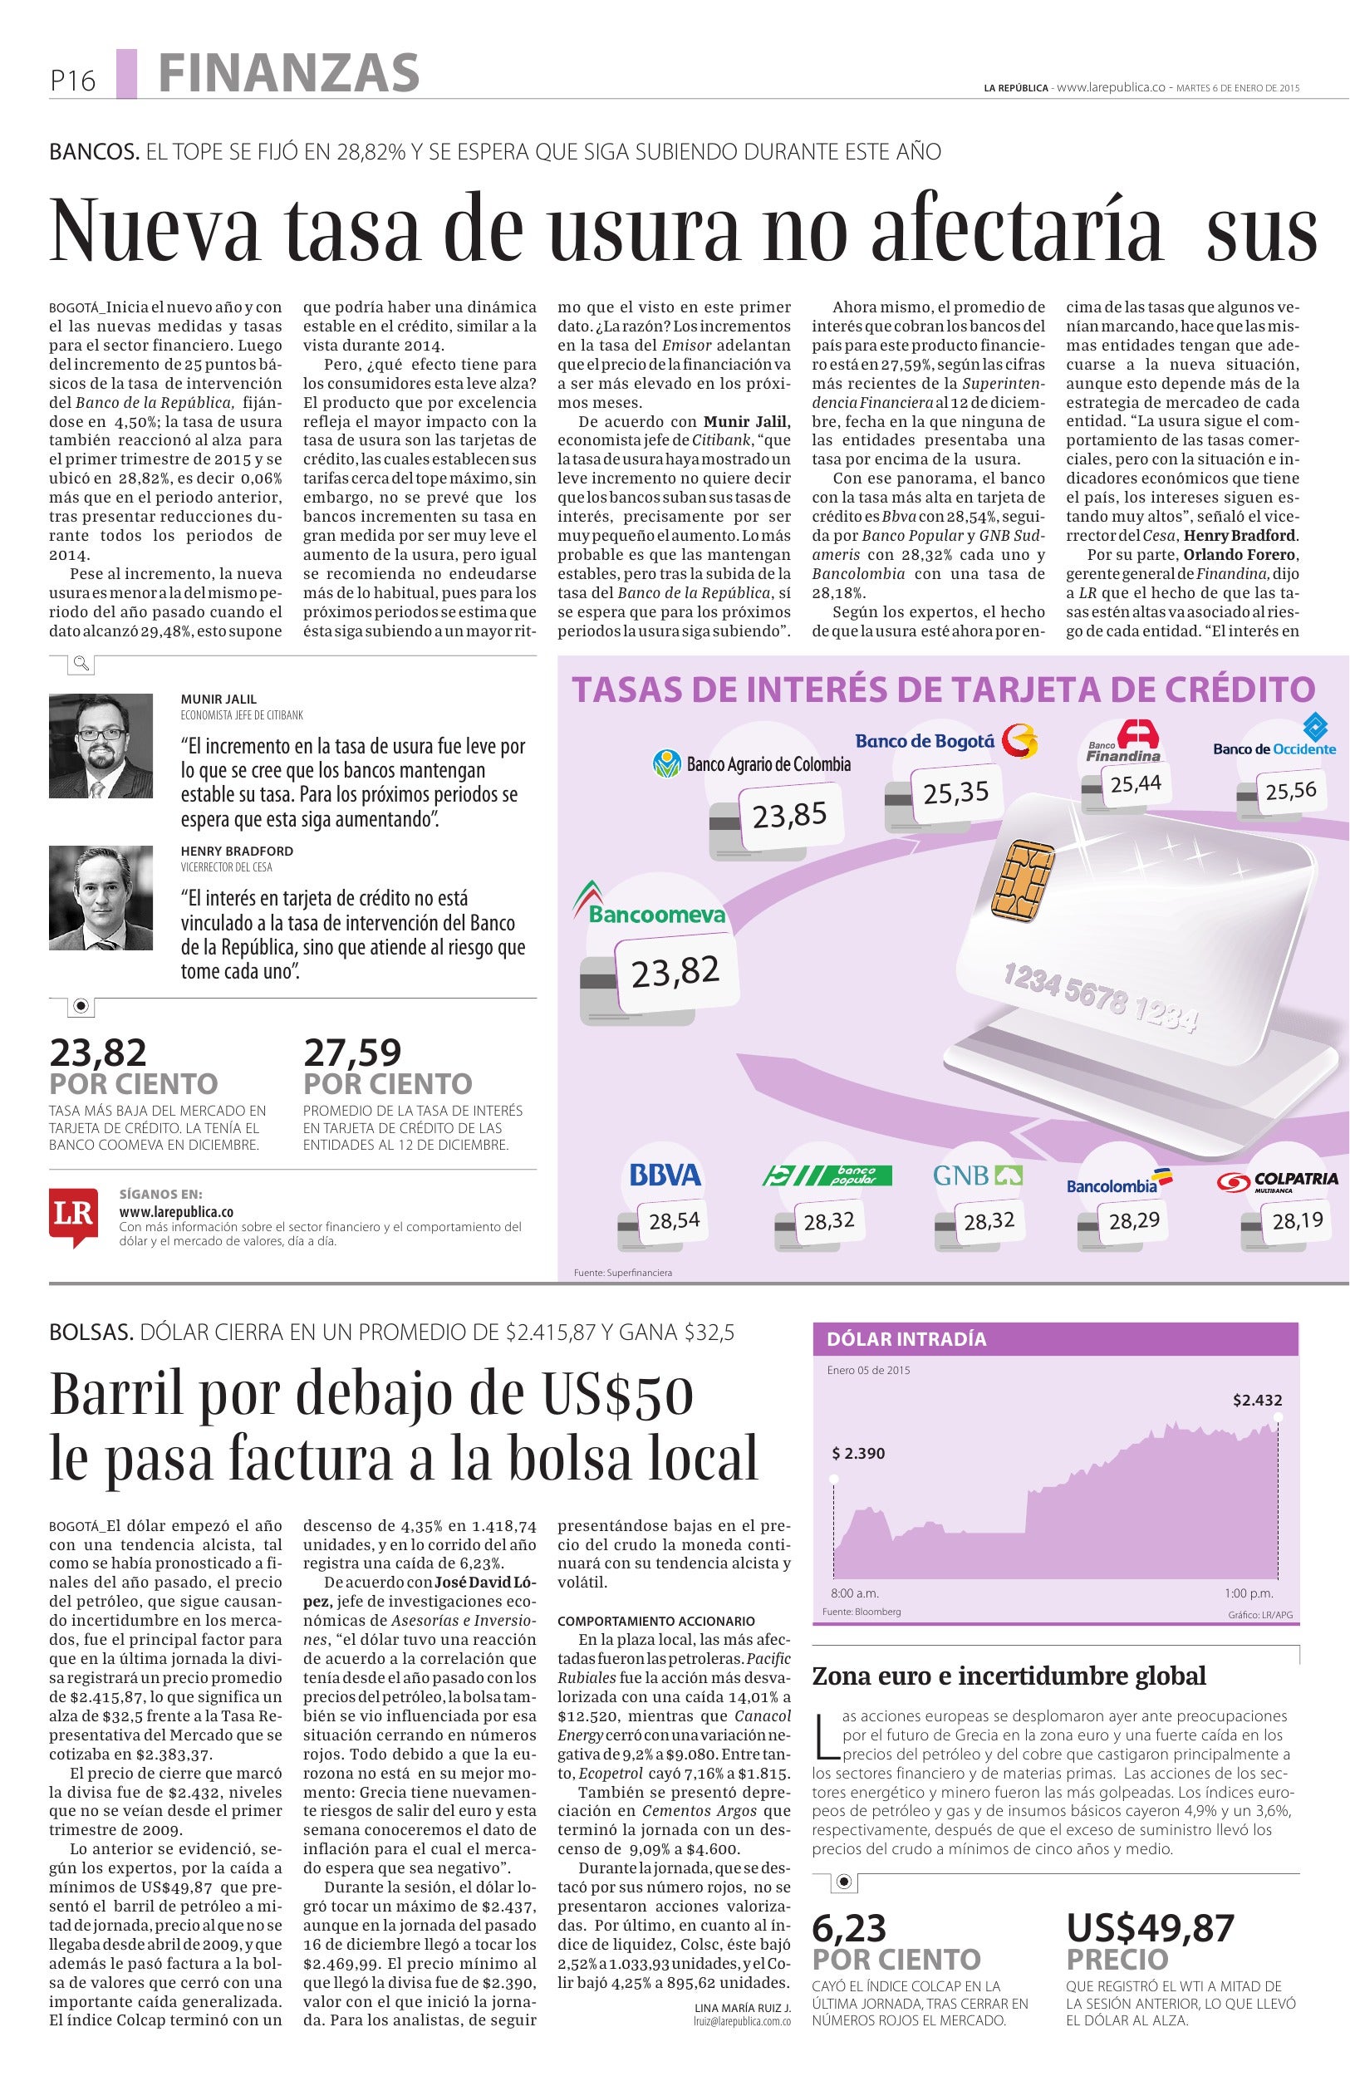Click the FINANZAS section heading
(x=288, y=73)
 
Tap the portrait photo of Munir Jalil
(x=101, y=746)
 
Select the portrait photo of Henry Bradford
(x=101, y=897)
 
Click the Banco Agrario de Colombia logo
(x=751, y=764)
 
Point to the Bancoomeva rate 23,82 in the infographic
(x=675, y=971)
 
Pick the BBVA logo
(x=665, y=1175)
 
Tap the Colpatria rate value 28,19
(x=1298, y=1220)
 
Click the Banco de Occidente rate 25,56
(x=1291, y=791)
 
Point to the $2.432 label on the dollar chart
(x=1257, y=1400)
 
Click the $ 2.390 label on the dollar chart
(x=858, y=1453)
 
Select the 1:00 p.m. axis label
(x=1248, y=1593)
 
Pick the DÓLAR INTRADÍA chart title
(x=906, y=1339)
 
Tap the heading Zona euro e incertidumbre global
(x=1009, y=1676)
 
